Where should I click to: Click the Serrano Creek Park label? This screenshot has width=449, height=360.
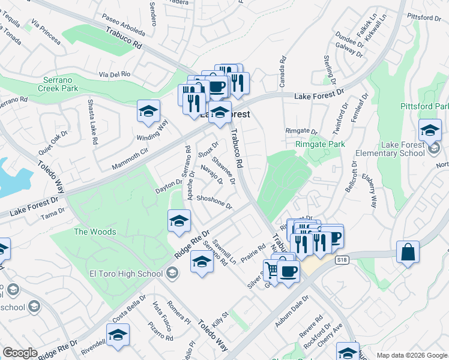[x=61, y=84]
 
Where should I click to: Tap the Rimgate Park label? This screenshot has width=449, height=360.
[x=321, y=144]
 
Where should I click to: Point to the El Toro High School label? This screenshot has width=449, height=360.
[x=126, y=274]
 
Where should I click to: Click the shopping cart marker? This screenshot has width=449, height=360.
[x=273, y=270]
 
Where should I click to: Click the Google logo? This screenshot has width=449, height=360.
[x=20, y=353]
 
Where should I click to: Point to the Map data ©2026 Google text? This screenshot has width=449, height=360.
[x=412, y=355]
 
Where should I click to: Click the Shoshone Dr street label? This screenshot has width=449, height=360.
[x=214, y=202]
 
